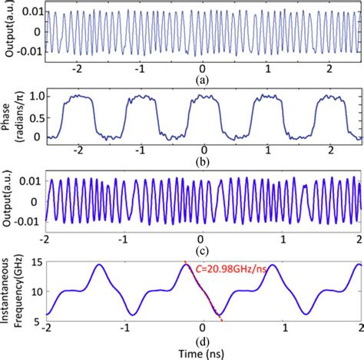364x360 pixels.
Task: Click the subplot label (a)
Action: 201,78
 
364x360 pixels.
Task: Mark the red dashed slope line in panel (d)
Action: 202,291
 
